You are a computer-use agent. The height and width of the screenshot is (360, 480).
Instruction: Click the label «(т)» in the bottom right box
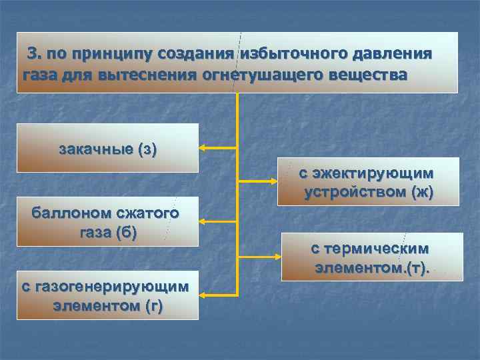click(x=415, y=268)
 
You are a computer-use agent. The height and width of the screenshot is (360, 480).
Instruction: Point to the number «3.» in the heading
click(x=35, y=53)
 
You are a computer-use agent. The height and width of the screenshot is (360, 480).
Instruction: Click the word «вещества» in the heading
click(x=370, y=73)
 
